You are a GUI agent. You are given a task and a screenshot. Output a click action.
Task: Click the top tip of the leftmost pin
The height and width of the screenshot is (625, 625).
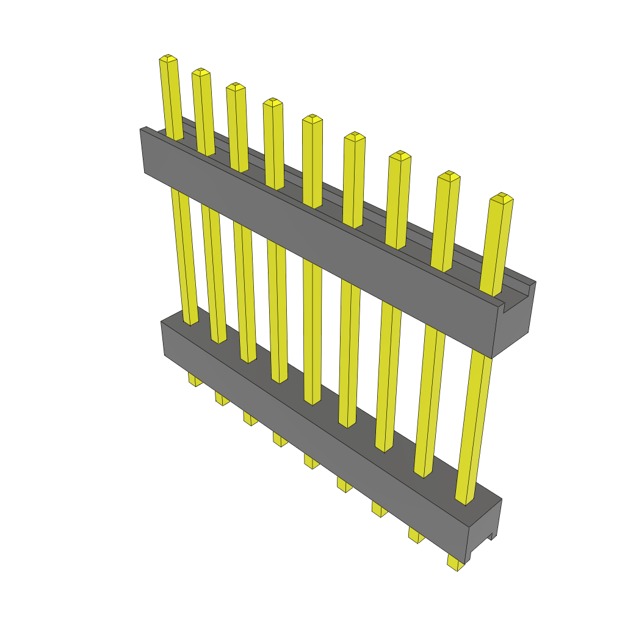click(168, 59)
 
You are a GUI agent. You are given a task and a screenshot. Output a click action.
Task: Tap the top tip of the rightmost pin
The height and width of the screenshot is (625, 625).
click(502, 197)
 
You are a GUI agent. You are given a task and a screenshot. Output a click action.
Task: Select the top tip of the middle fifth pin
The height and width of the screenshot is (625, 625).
click(312, 118)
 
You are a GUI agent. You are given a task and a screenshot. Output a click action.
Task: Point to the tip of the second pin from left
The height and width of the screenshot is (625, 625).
click(201, 72)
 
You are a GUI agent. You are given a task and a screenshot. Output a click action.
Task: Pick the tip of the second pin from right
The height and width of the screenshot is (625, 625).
click(449, 176)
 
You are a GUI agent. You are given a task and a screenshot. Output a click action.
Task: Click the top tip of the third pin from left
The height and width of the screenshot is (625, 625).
click(236, 87)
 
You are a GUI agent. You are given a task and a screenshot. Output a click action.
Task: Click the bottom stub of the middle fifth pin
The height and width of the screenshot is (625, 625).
click(311, 462)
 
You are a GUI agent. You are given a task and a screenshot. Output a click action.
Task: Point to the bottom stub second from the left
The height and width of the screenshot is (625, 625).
click(222, 399)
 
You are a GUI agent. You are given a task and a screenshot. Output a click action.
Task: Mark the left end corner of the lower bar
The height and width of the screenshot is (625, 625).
click(162, 324)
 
